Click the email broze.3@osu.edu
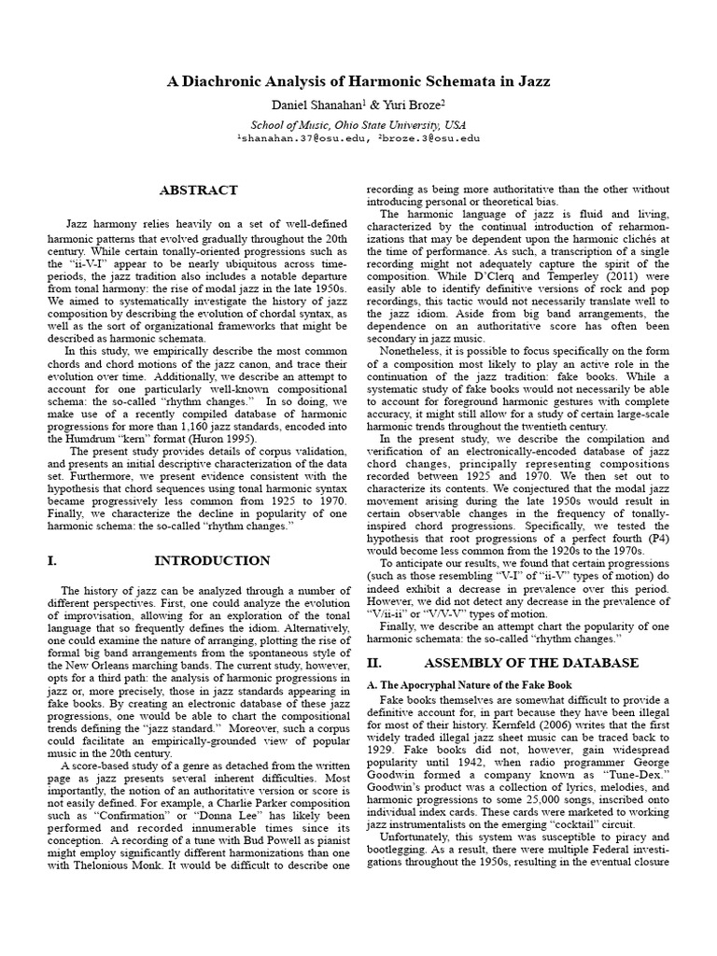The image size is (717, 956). click(429, 138)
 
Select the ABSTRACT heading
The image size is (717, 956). click(199, 190)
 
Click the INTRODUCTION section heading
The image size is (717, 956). click(219, 560)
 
